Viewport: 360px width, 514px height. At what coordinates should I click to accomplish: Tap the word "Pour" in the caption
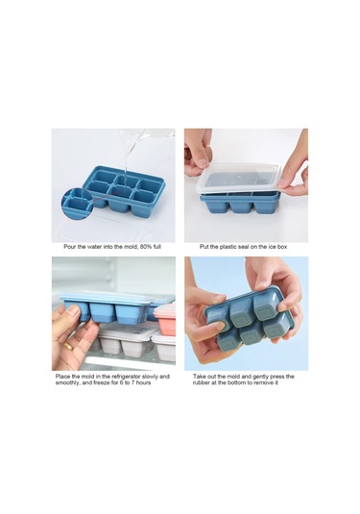click(69, 247)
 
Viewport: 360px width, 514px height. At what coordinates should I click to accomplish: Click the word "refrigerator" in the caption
click(125, 377)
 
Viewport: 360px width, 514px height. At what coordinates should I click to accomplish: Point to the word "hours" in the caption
click(144, 382)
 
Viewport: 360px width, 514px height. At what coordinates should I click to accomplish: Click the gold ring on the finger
click(68, 346)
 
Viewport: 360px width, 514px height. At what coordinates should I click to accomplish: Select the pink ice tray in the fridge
click(165, 320)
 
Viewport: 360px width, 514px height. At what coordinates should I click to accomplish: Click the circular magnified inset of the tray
click(77, 204)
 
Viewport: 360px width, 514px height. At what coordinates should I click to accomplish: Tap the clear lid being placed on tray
click(239, 179)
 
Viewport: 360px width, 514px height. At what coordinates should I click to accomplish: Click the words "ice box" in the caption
click(277, 247)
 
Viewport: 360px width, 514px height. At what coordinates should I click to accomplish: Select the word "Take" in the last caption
click(200, 377)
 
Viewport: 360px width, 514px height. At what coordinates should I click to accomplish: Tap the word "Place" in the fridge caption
click(62, 377)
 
